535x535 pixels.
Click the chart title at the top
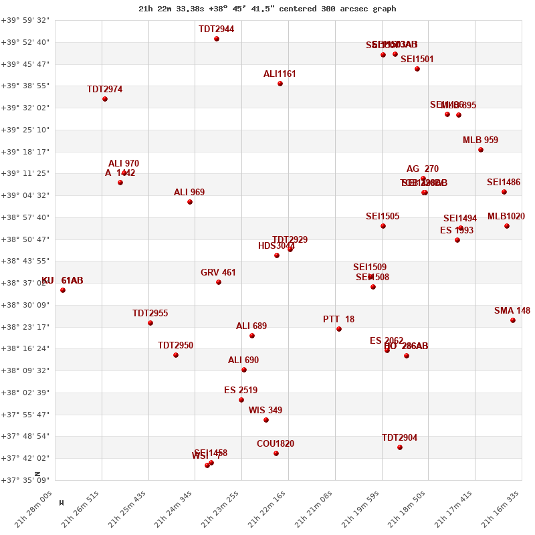pyautogui.click(x=267, y=9)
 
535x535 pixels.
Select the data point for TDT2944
pyautogui.click(x=217, y=39)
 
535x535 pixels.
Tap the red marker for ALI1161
pyautogui.click(x=280, y=84)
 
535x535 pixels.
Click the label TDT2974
pyautogui.click(x=104, y=90)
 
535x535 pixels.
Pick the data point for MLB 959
pyautogui.click(x=481, y=150)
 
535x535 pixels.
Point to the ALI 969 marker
pyautogui.click(x=190, y=202)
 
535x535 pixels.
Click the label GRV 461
pyautogui.click(x=218, y=273)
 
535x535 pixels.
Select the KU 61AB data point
pyautogui.click(x=63, y=290)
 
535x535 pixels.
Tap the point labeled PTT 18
pyautogui.click(x=339, y=329)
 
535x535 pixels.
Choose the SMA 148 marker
pyautogui.click(x=513, y=320)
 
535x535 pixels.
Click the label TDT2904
pyautogui.click(x=399, y=438)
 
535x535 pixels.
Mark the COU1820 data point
pyautogui.click(x=276, y=453)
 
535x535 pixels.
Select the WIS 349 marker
pyautogui.click(x=266, y=420)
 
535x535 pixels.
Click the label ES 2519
pyautogui.click(x=241, y=391)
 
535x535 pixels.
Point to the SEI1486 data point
pyautogui.click(x=504, y=192)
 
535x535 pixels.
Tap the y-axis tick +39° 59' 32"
pyautogui.click(x=25, y=20)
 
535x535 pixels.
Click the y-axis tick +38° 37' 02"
pyautogui.click(x=25, y=283)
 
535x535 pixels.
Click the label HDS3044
pyautogui.click(x=276, y=246)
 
